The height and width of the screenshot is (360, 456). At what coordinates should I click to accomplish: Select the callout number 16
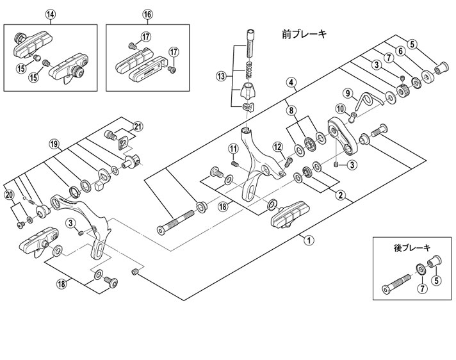pyautogui.click(x=148, y=13)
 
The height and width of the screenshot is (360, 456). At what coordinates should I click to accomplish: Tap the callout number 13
pyautogui.click(x=222, y=76)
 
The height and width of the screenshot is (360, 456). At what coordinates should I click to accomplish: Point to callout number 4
pyautogui.click(x=291, y=81)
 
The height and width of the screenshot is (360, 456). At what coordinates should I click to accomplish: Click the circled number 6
pyautogui.click(x=412, y=44)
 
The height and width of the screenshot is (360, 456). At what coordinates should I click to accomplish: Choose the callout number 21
pyautogui.click(x=137, y=124)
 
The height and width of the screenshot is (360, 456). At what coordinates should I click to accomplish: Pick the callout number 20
pyautogui.click(x=8, y=194)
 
